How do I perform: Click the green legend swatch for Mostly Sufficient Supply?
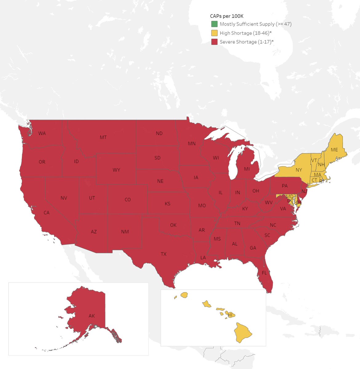point(214,24)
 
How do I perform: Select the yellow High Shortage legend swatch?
point(214,33)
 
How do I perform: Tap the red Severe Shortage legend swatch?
point(214,42)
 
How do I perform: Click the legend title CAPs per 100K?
point(227,16)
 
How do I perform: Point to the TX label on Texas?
point(164,254)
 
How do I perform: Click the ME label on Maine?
point(334,150)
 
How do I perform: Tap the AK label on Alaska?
point(92,316)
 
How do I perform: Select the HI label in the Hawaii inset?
point(230,315)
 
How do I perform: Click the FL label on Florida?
point(264,273)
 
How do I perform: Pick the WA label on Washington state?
point(42,133)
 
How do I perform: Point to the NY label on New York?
point(299,170)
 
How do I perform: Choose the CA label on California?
point(46,212)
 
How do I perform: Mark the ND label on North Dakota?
point(159,133)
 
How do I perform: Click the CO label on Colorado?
point(128,200)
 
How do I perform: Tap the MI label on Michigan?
point(247,169)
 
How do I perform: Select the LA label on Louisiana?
point(203,258)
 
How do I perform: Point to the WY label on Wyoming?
point(116,170)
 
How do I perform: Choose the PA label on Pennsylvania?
point(285,186)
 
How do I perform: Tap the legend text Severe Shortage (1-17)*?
point(247,42)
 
